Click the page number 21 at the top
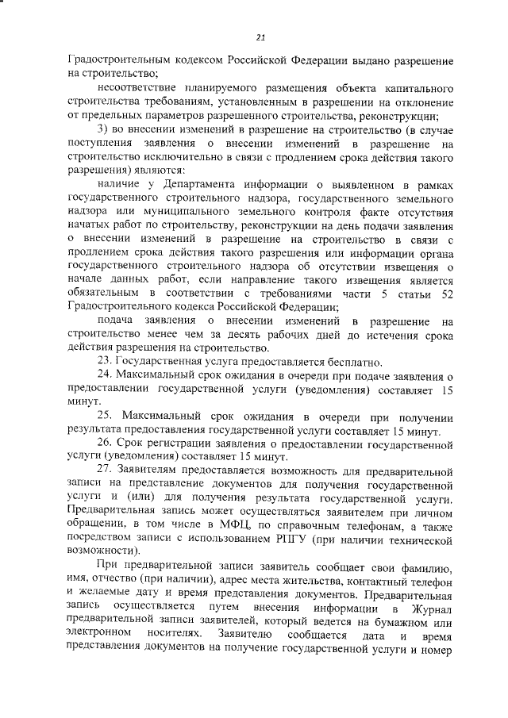coord(260,36)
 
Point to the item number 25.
coord(105,417)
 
